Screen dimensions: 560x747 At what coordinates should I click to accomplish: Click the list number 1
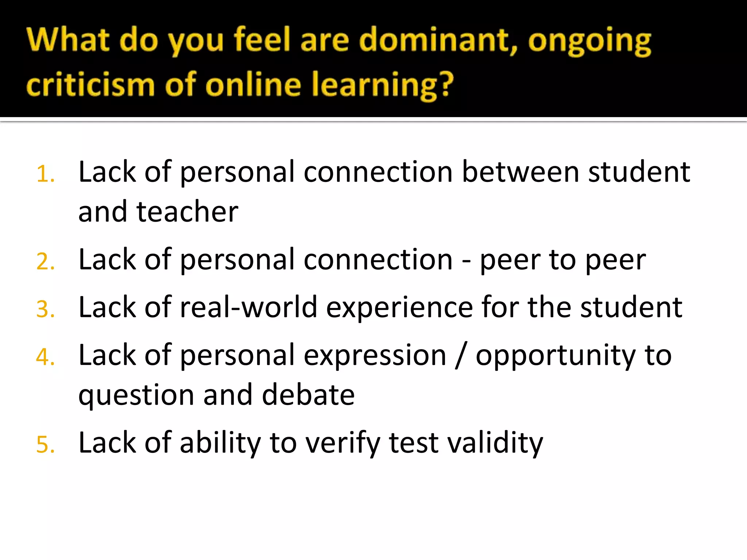pos(45,174)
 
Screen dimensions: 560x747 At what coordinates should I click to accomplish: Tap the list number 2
pos(45,262)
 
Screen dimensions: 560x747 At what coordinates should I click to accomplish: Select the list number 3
pos(45,310)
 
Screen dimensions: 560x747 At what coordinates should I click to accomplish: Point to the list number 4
pos(45,357)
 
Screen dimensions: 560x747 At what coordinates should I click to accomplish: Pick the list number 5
pos(45,445)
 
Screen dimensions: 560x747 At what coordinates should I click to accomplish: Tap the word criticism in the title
pos(90,85)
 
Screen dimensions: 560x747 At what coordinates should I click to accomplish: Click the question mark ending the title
pos(445,85)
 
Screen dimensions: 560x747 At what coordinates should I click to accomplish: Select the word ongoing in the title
pos(589,42)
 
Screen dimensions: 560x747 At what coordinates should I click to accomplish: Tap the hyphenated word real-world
pos(248,307)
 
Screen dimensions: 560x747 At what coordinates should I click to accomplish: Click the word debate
pos(308,395)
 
